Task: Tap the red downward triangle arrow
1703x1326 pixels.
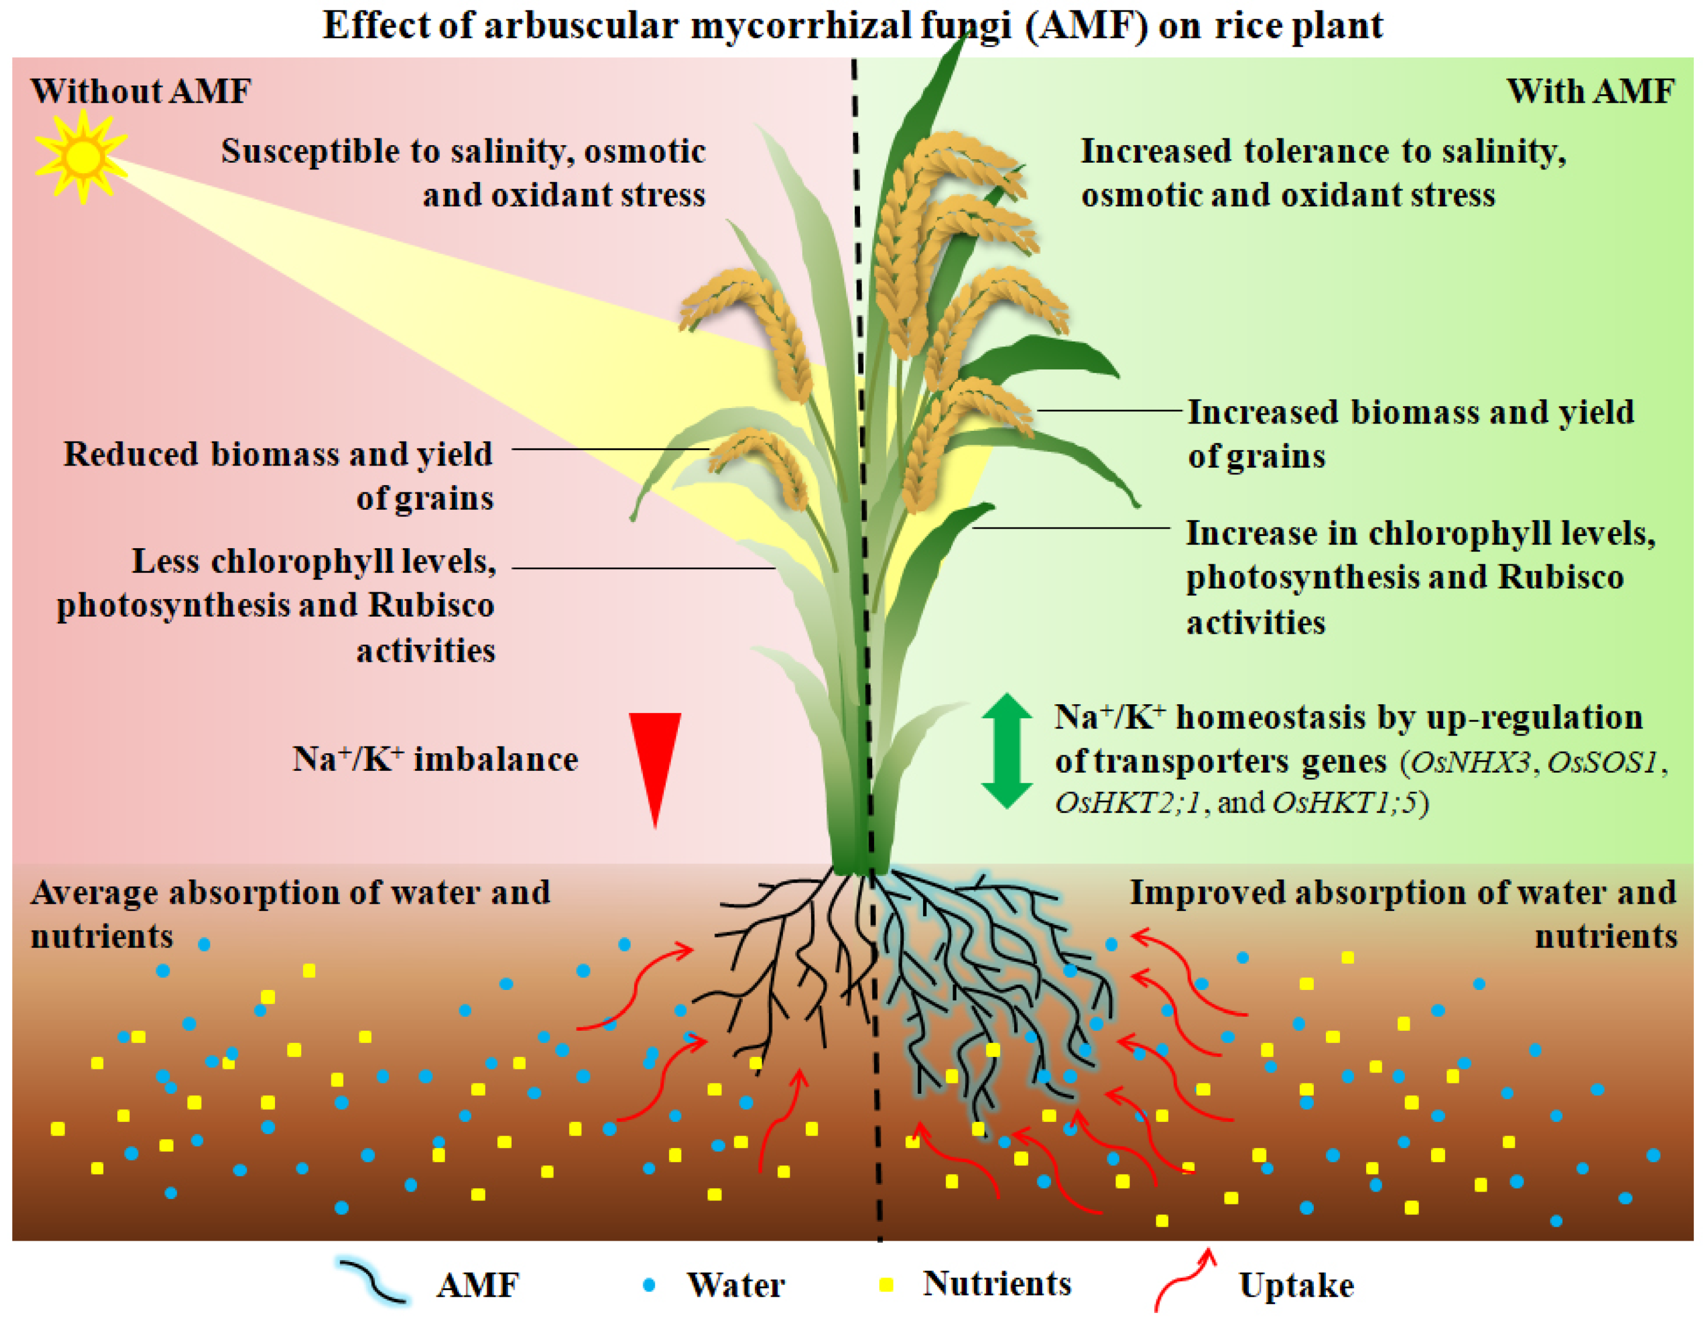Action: coord(655,761)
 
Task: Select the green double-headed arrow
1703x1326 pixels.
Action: coord(1006,750)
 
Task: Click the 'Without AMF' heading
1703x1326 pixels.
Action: coord(141,91)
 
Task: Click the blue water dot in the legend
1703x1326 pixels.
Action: coord(649,1285)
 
